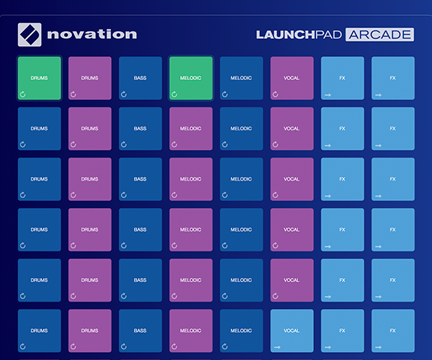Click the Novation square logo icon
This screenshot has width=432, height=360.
point(30,35)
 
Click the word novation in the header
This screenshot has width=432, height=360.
point(92,35)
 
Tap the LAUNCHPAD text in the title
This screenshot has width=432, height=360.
point(299,35)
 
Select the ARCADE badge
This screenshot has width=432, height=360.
point(379,35)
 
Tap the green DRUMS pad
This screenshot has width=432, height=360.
point(40,78)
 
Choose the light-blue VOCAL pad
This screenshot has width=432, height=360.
point(292,330)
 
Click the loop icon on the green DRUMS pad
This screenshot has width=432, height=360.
point(23,94)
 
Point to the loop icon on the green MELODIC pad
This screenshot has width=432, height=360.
point(174,94)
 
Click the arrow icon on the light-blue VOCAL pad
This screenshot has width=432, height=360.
point(277,347)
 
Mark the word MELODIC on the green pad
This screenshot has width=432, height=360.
point(191,78)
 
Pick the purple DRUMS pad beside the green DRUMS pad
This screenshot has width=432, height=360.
point(90,78)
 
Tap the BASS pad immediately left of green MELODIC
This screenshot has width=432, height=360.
point(140,78)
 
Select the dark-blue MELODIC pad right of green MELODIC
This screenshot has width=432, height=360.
point(241,78)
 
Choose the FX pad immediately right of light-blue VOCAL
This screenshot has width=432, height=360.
point(343,330)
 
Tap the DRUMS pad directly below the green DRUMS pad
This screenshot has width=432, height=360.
point(40,129)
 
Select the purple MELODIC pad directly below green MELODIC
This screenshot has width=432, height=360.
point(191,129)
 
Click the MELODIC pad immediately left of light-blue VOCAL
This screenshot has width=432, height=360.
point(241,330)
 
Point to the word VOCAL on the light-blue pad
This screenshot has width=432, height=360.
point(292,330)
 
